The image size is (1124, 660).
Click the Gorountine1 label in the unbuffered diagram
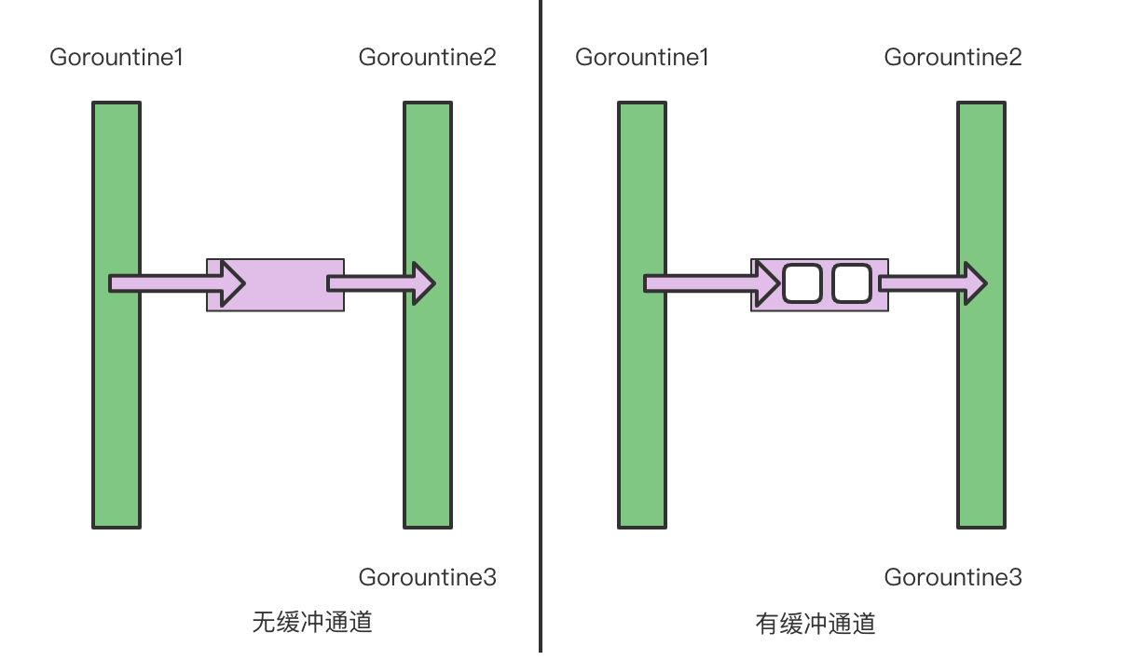tap(117, 58)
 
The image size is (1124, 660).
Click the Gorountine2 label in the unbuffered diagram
tap(427, 58)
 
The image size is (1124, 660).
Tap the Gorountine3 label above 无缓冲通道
tap(427, 577)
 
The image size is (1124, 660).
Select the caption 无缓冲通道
tap(312, 622)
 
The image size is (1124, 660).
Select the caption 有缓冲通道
tap(816, 624)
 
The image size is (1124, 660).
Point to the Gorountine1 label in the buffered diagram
tap(642, 58)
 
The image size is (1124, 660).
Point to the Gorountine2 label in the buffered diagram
tap(953, 58)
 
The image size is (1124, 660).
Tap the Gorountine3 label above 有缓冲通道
tap(953, 577)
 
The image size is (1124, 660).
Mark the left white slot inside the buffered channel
tap(802, 283)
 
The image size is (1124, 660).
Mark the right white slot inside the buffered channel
tap(851, 283)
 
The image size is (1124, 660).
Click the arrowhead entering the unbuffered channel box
tap(232, 283)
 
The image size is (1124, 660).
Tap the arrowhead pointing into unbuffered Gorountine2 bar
tap(424, 283)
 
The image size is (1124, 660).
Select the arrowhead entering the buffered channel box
tap(769, 283)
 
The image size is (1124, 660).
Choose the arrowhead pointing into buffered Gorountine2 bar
tap(976, 283)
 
